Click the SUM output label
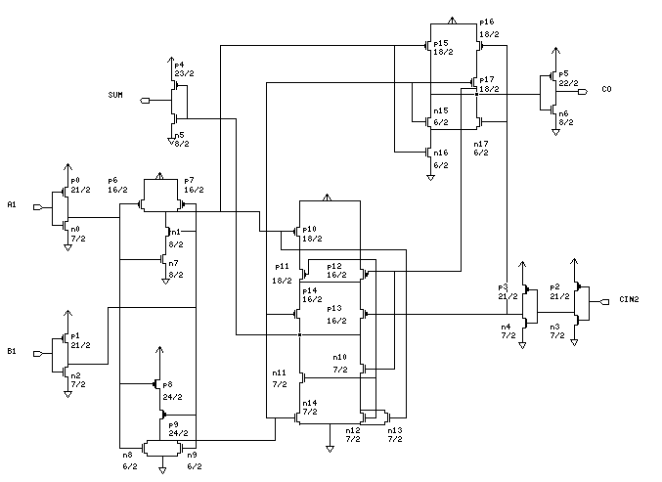(116, 95)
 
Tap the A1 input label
(12, 204)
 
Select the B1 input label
(12, 349)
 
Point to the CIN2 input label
(629, 299)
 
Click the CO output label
(606, 89)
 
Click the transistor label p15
(440, 43)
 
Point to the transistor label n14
(309, 403)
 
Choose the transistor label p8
(167, 385)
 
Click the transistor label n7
(173, 264)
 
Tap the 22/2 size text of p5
(565, 82)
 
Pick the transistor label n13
(395, 430)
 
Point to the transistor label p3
(506, 287)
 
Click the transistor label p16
(486, 22)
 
